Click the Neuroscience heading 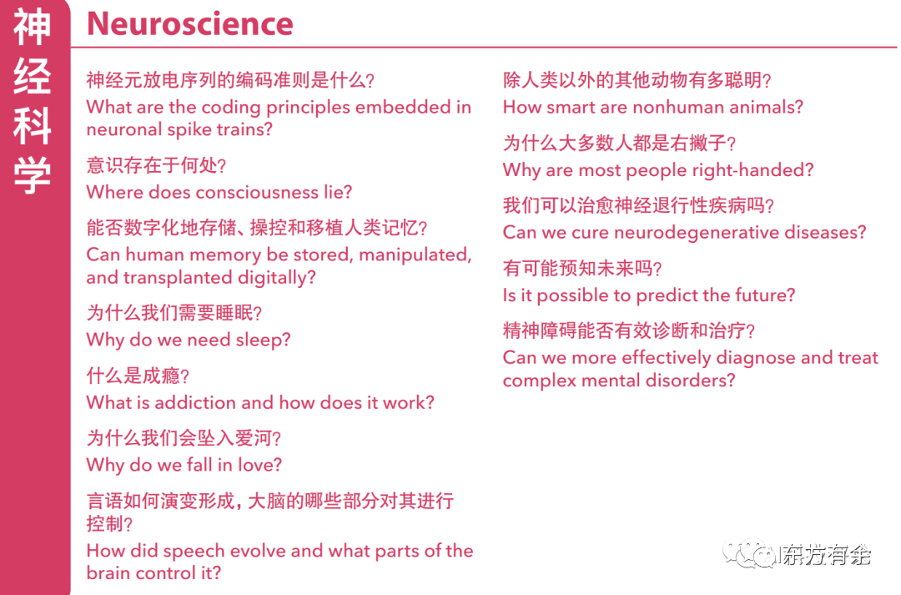point(189,23)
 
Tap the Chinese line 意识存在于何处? point(157,165)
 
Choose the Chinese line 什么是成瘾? point(138,376)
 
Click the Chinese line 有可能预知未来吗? point(582,269)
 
